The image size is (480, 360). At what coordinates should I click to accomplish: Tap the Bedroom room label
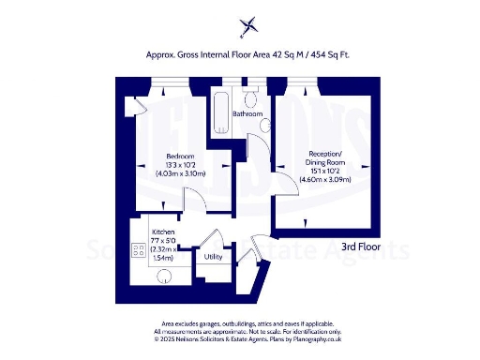tap(180, 155)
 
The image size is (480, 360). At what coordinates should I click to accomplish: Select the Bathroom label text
tap(247, 113)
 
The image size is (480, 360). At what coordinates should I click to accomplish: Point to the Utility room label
tap(213, 255)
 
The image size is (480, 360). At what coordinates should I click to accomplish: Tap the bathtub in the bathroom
tap(220, 110)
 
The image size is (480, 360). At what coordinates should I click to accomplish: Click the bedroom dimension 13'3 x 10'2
tap(180, 164)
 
